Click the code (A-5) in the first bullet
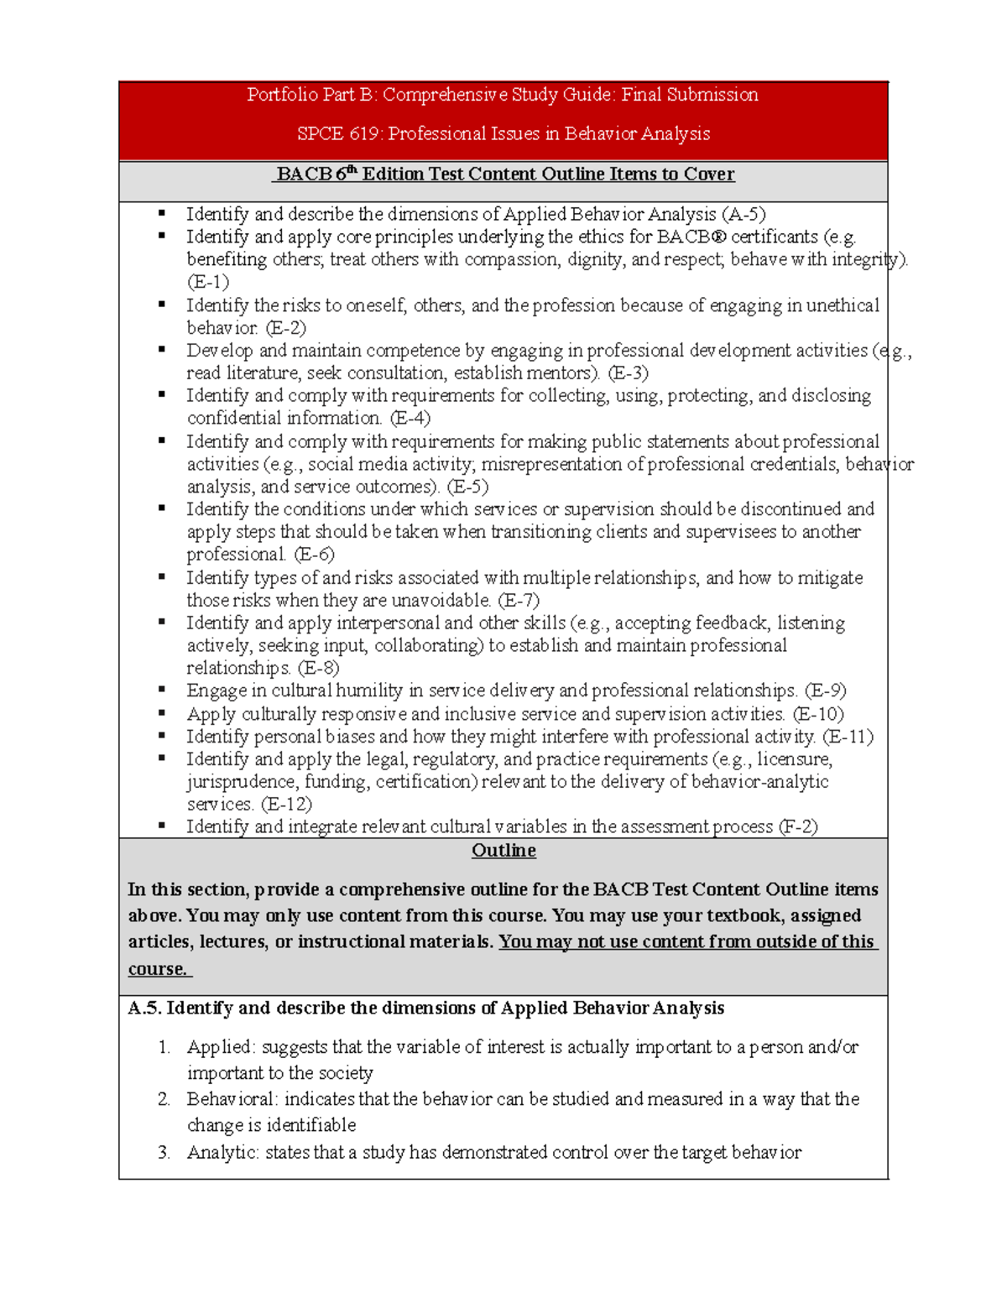pyautogui.click(x=744, y=215)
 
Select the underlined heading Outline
pyautogui.click(x=503, y=851)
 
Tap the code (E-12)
pyautogui.click(x=286, y=805)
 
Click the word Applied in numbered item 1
pyautogui.click(x=220, y=1047)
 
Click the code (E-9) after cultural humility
pyautogui.click(x=825, y=691)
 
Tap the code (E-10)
pyautogui.click(x=818, y=714)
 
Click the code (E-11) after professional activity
pyautogui.click(x=848, y=737)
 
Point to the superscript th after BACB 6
pyautogui.click(x=352, y=170)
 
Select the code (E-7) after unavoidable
pyautogui.click(x=519, y=601)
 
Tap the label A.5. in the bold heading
pyautogui.click(x=144, y=1009)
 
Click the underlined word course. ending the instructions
pyautogui.click(x=158, y=969)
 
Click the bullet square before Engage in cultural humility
pyautogui.click(x=162, y=690)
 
